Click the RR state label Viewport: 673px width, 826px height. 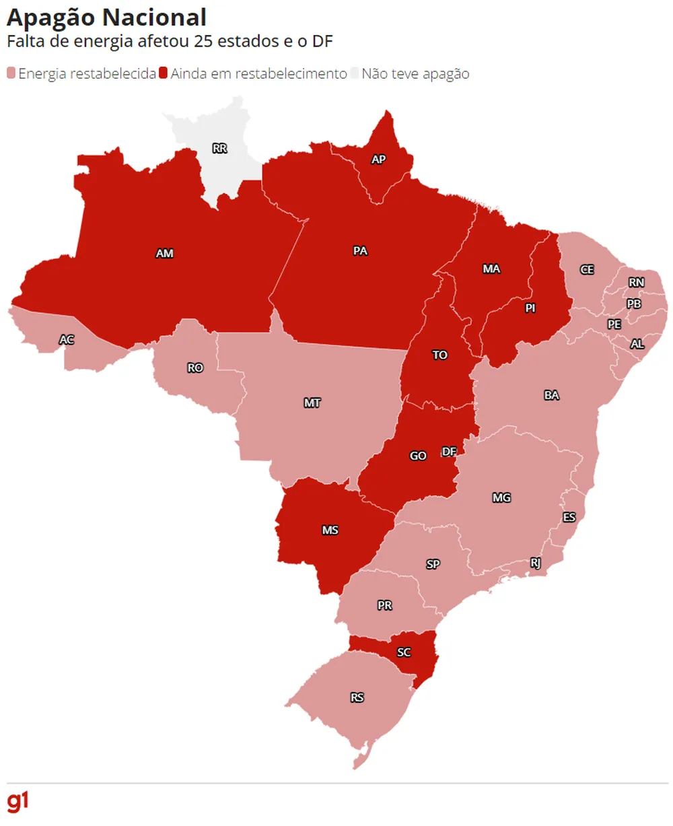[x=219, y=148]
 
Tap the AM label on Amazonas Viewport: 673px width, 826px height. [x=165, y=254]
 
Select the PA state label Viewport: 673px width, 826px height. [x=360, y=251]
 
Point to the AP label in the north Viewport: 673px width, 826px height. [x=378, y=160]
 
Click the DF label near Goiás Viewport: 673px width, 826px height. [x=449, y=452]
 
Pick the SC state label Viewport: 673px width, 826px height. [x=404, y=652]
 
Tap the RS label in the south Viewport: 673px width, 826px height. [x=357, y=697]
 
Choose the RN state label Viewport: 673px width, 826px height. [x=636, y=283]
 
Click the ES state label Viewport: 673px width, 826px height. [x=569, y=517]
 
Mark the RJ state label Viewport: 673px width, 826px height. [x=536, y=563]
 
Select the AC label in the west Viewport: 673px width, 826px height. [x=66, y=340]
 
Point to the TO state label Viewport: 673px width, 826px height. [x=439, y=355]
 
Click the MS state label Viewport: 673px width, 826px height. [x=330, y=530]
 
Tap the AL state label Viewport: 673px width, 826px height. [x=637, y=344]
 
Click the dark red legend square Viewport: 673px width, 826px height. [x=162, y=73]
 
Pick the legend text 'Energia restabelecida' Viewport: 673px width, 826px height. [x=87, y=73]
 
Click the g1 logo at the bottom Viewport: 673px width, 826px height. [x=17, y=802]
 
